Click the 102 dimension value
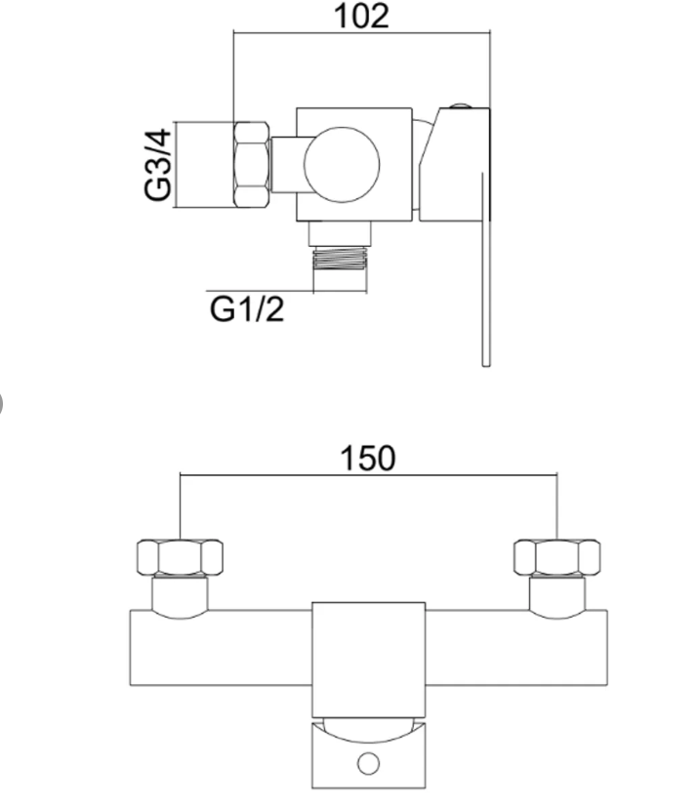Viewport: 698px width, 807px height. pos(361,17)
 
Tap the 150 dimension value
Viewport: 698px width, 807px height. pos(367,459)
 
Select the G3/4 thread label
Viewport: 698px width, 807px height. pos(157,165)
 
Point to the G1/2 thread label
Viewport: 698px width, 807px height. pos(247,309)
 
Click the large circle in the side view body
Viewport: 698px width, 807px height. pos(342,165)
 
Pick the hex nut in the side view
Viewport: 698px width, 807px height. pos(252,165)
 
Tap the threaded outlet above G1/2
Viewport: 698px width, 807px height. pos(341,259)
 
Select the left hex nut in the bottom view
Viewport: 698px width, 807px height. pos(181,557)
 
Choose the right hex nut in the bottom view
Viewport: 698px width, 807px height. pos(557,557)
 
